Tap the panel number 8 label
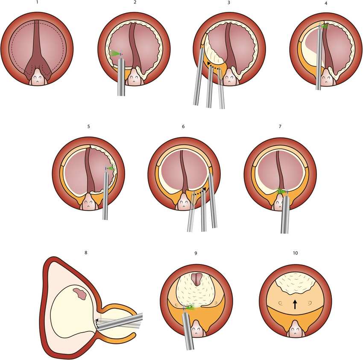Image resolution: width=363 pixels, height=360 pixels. pyautogui.click(x=86, y=253)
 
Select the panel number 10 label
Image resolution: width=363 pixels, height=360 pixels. pyautogui.click(x=295, y=253)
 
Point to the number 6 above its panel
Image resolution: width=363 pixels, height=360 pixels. pyautogui.click(x=183, y=127)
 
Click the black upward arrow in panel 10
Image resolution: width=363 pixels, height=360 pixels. pyautogui.click(x=295, y=304)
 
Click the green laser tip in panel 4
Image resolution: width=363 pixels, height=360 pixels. pyautogui.click(x=325, y=26)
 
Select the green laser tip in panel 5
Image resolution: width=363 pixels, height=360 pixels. pyautogui.click(x=111, y=168)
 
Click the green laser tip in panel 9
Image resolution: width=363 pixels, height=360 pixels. pyautogui.click(x=190, y=307)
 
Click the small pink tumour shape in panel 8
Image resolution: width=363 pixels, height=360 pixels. pyautogui.click(x=79, y=293)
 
